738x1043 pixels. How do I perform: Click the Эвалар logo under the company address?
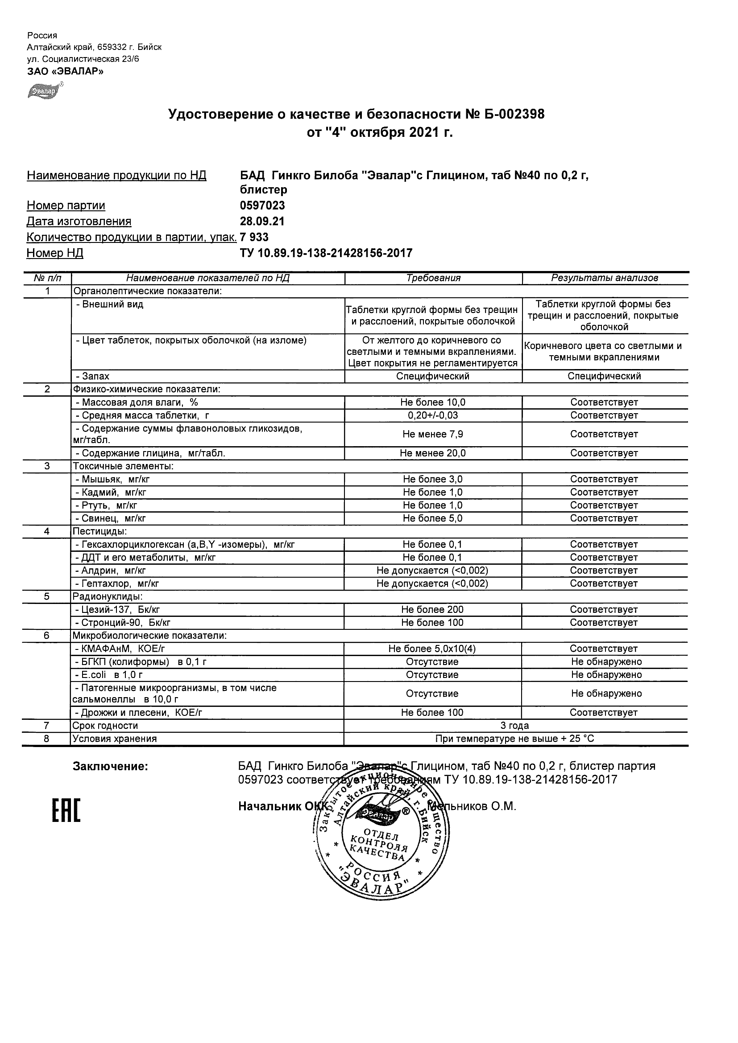45,91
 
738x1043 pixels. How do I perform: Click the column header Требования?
433,278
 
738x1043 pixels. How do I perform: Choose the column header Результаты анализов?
604,278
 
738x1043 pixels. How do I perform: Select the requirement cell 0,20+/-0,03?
432,415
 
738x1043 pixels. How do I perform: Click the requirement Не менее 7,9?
432,434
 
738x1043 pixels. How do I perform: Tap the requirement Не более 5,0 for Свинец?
432,518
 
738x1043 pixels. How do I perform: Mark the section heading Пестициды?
100,531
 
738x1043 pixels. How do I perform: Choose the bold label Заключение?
111,767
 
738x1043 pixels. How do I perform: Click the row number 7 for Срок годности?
47,726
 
